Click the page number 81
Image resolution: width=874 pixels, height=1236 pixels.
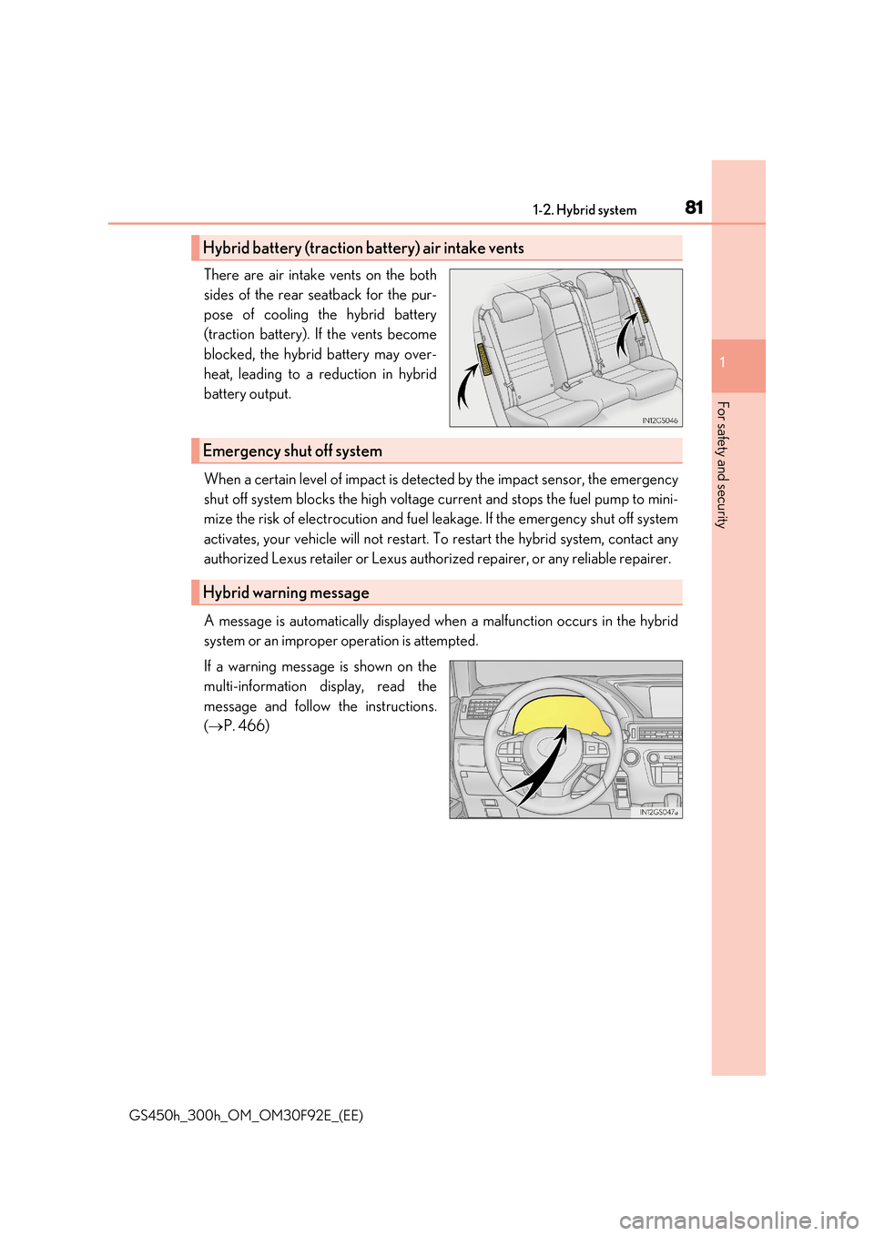pos(694,208)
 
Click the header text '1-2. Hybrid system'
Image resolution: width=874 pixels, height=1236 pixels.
pos(584,210)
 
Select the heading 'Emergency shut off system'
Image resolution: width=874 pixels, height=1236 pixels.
pos(292,451)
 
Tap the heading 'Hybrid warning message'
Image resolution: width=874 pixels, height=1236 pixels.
pos(286,593)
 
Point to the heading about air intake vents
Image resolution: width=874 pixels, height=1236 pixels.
pos(363,248)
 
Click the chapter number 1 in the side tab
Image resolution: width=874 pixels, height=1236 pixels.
pos(723,363)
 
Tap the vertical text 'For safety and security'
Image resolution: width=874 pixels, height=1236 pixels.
pos(722,464)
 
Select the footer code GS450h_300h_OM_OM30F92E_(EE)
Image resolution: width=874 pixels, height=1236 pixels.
pos(246,1116)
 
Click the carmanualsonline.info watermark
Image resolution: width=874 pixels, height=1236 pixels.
pos(738,1220)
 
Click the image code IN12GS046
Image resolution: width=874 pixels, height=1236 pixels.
pos(660,420)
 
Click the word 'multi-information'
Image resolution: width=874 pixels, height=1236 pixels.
pos(255,687)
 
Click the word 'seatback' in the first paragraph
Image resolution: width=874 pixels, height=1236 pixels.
pos(334,295)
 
